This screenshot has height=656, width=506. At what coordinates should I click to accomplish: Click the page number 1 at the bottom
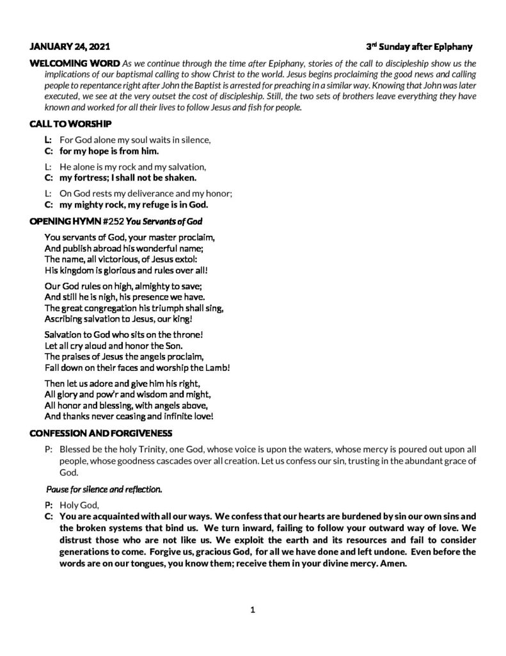253,610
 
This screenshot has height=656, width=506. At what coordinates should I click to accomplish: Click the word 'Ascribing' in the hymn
65,318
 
